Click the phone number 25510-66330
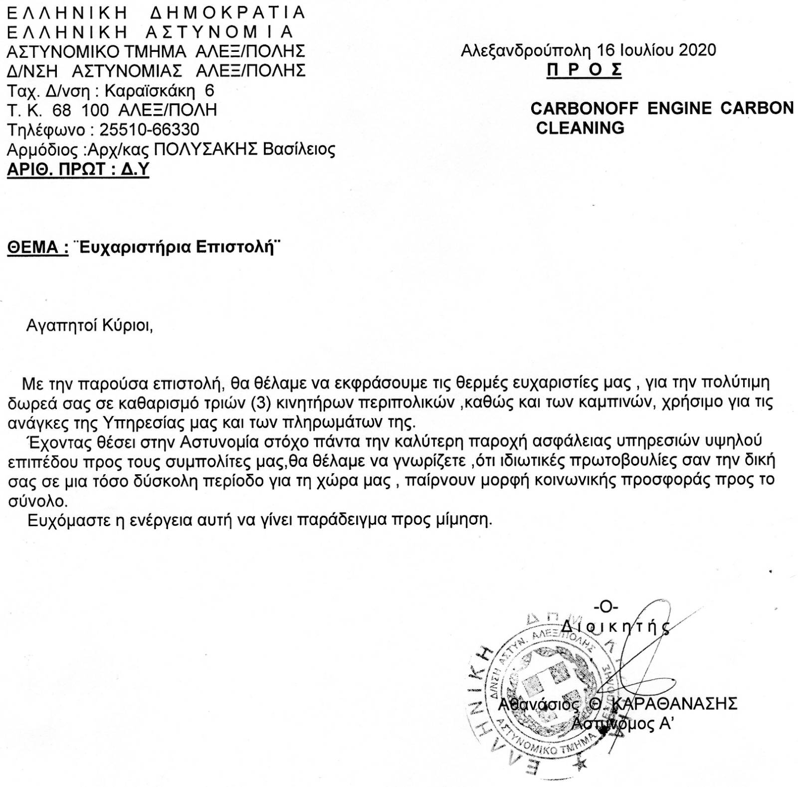click(149, 130)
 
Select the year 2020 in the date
click(697, 50)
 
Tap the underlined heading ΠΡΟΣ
click(584, 69)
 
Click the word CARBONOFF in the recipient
click(584, 108)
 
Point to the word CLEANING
click(580, 128)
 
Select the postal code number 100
click(95, 110)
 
